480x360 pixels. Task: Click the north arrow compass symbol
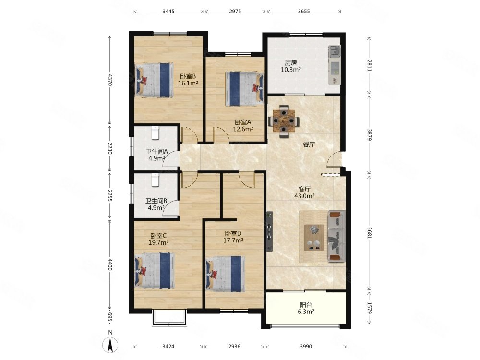tap(110, 344)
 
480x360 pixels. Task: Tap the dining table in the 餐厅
tap(284, 120)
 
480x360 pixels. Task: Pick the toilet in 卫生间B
tap(156, 180)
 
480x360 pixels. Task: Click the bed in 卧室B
tap(154, 80)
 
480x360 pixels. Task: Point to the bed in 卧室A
tap(245, 89)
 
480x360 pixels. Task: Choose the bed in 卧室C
tap(155, 270)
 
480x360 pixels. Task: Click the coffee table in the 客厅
tap(314, 237)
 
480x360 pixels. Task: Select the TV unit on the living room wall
tap(269, 231)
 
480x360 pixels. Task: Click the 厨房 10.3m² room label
tap(290, 66)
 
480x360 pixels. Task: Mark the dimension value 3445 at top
tap(168, 12)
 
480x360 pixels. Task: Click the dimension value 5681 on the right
tap(369, 232)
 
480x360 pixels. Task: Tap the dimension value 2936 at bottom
tap(234, 347)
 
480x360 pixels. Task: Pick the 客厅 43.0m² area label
tap(304, 192)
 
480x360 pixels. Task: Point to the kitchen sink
tap(334, 50)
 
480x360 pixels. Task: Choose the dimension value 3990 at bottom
tap(305, 347)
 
